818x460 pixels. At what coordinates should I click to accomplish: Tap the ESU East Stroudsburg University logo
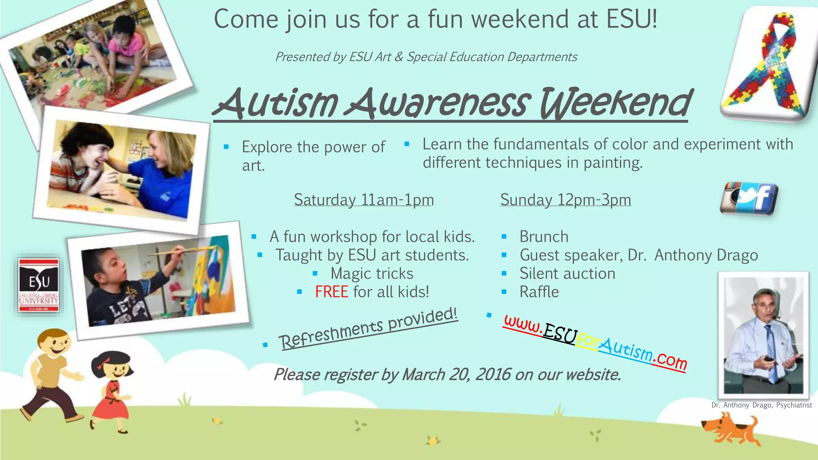[39, 284]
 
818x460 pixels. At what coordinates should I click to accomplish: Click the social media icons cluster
[749, 198]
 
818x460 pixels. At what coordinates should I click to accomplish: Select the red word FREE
[331, 292]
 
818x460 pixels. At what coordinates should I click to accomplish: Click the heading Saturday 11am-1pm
[364, 200]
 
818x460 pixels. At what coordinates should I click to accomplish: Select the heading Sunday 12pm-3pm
[566, 200]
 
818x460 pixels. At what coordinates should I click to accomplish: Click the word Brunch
[544, 237]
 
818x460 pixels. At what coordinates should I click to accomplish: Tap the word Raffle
[539, 292]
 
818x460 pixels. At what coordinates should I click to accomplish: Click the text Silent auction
[567, 274]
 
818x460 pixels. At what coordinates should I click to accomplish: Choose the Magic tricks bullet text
[372, 274]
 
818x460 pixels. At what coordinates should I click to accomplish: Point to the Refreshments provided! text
[368, 328]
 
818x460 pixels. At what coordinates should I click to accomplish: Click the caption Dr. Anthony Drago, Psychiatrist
[761, 405]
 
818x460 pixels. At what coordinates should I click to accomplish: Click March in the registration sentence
[423, 375]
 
